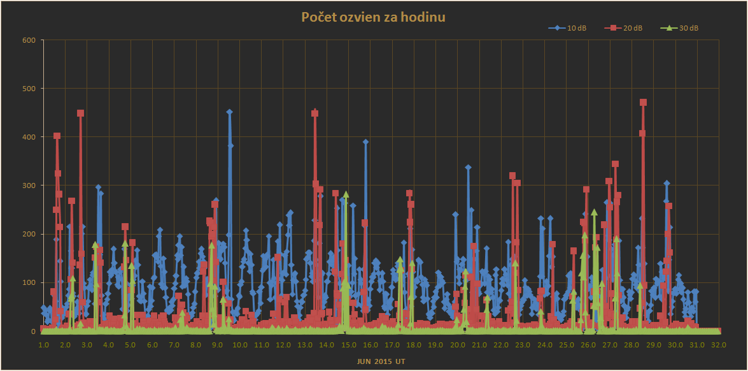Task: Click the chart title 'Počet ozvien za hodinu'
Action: [x=373, y=17]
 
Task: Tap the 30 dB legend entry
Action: [x=681, y=28]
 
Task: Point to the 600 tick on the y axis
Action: [x=29, y=40]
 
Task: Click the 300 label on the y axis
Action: [x=29, y=185]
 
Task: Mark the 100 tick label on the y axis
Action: [x=29, y=282]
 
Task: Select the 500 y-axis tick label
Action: [x=29, y=89]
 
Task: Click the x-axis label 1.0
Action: [x=43, y=344]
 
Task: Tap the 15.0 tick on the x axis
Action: [x=348, y=344]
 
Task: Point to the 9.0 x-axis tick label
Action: [x=218, y=344]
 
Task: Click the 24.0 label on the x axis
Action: [x=544, y=344]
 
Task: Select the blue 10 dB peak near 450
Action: [x=229, y=112]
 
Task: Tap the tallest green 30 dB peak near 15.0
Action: [x=346, y=194]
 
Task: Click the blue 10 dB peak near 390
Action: [x=365, y=142]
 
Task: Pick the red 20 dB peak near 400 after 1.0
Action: [x=57, y=136]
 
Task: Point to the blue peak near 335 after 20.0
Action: [x=468, y=168]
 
